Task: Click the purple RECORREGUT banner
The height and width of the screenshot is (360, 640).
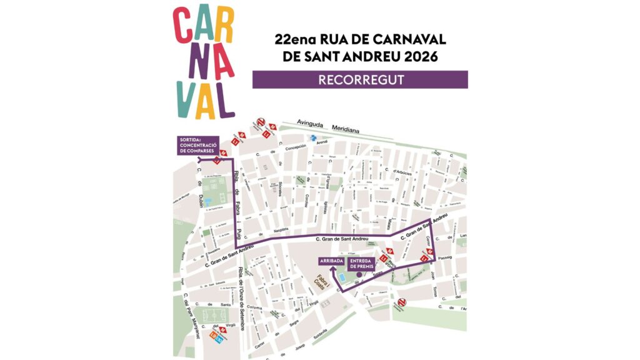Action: point(360,79)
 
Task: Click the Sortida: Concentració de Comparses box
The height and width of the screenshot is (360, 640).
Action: point(196,145)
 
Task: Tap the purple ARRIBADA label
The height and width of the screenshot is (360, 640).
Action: point(331,261)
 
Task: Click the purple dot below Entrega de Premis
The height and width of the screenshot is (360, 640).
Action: point(359,275)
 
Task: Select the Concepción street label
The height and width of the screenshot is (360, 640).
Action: point(295,147)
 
